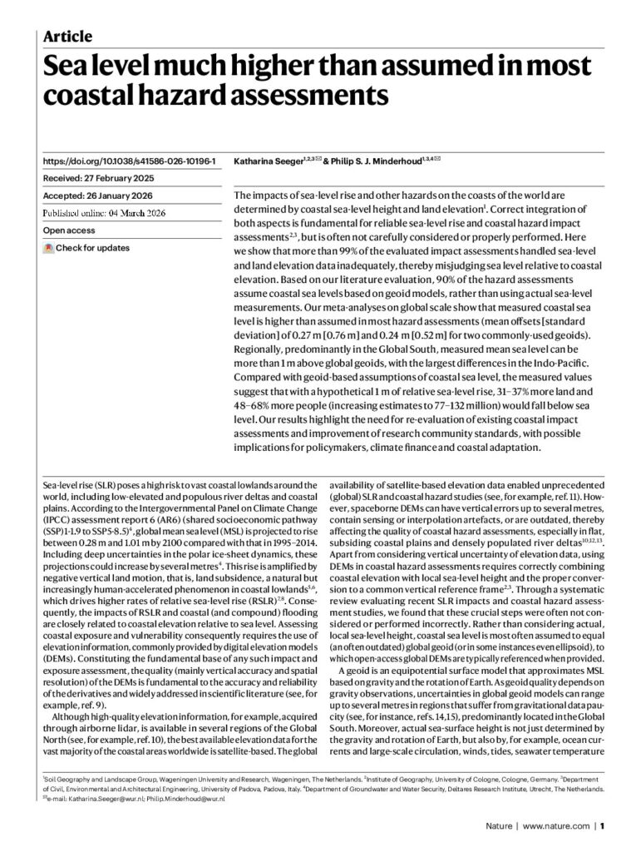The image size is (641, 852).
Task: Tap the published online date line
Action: [116, 212]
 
